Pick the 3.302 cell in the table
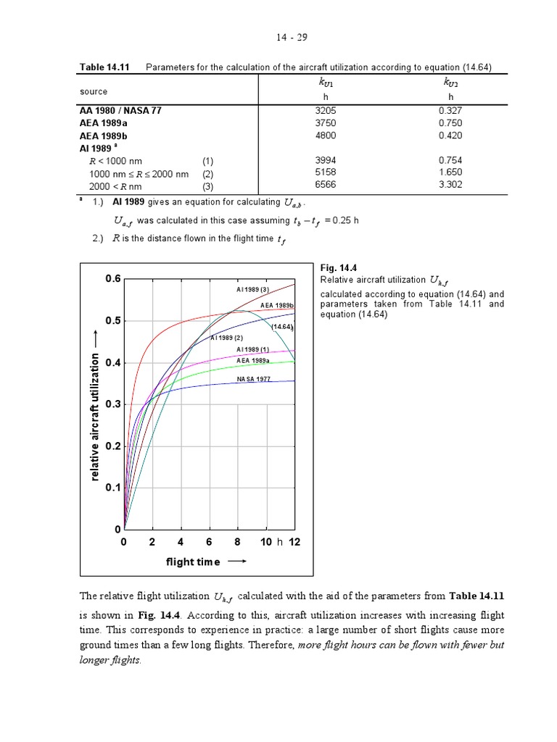450,185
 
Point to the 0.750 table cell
450,123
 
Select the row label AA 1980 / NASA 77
122,111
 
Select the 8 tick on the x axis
237,542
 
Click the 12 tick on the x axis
294,542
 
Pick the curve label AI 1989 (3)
252,290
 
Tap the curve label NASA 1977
253,379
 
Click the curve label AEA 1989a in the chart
253,360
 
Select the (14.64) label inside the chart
281,327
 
